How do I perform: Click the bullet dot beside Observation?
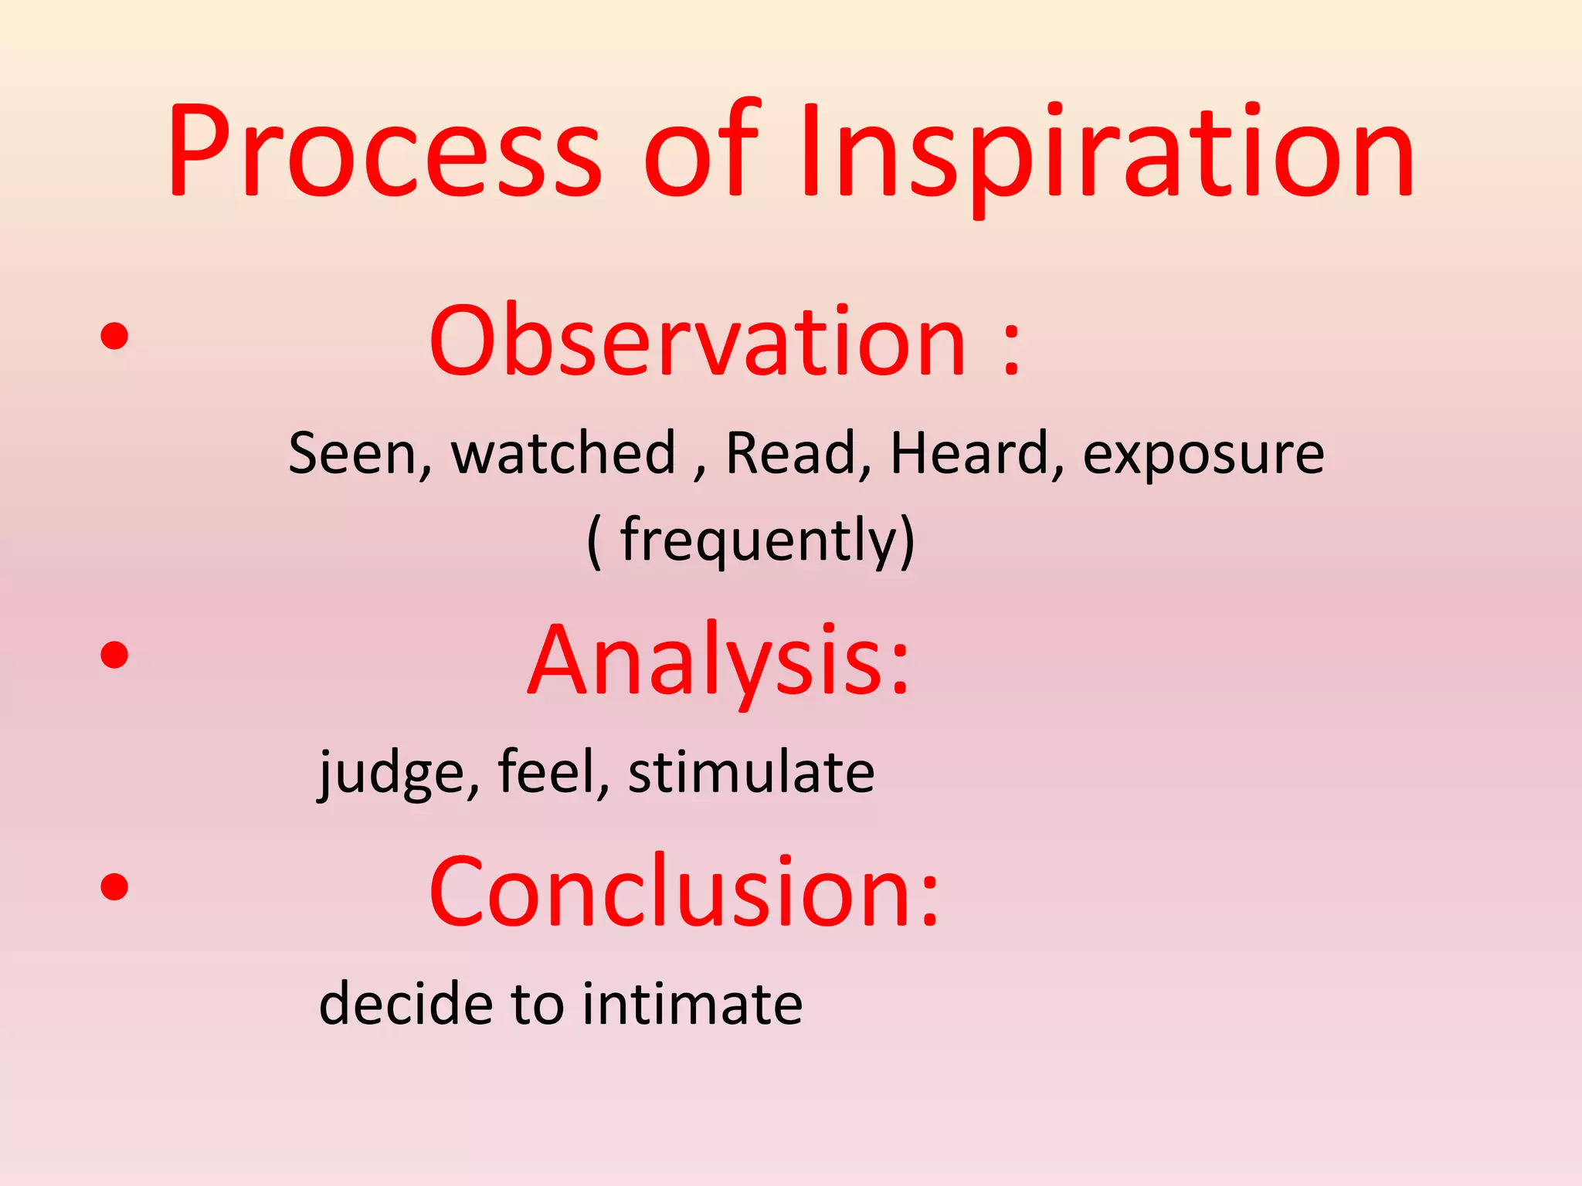tap(114, 336)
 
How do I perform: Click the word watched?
tap(564, 453)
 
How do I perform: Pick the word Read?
tap(793, 453)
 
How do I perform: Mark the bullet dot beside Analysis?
tap(114, 656)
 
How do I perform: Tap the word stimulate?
tap(751, 772)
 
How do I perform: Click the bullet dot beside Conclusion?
tap(114, 886)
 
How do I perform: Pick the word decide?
tap(406, 1004)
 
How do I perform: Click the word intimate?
tap(692, 1004)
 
